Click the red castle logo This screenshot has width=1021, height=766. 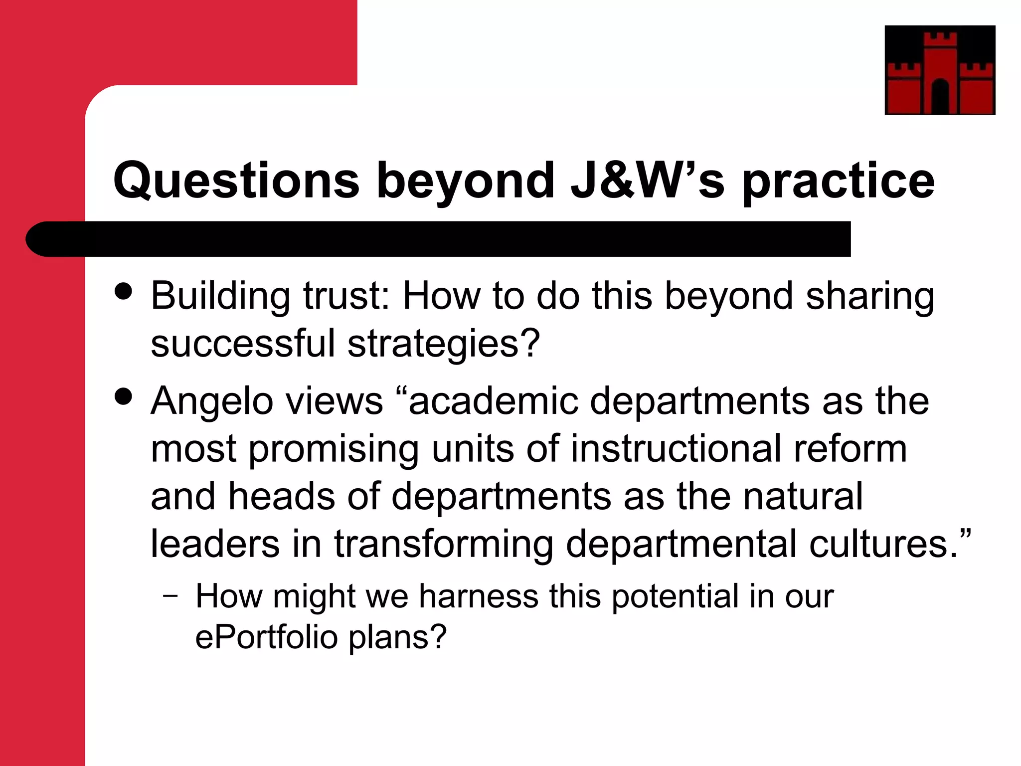[940, 70]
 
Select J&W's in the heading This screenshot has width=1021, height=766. [648, 180]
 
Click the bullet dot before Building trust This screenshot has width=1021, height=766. [123, 291]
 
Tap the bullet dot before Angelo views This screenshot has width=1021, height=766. [123, 396]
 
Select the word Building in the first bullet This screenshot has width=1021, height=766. [220, 297]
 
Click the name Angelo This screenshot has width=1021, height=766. [212, 402]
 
